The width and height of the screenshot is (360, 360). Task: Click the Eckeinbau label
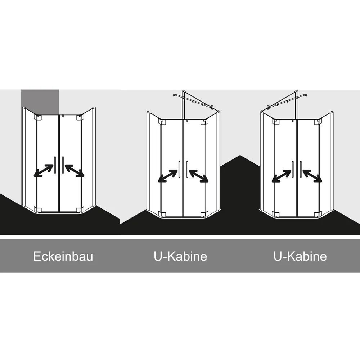click(x=63, y=256)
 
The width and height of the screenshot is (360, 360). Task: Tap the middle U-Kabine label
click(x=180, y=256)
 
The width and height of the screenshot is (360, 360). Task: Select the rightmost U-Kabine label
click(x=300, y=256)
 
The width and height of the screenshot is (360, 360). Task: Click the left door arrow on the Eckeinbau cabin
click(x=44, y=171)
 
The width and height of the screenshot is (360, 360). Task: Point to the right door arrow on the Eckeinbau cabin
click(x=75, y=171)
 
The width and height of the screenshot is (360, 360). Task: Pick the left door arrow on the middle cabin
click(x=168, y=176)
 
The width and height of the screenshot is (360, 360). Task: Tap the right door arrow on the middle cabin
click(x=199, y=176)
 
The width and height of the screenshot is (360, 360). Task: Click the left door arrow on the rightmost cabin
click(x=282, y=176)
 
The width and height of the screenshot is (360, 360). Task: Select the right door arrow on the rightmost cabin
click(x=312, y=176)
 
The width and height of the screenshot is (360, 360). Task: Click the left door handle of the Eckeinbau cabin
click(x=55, y=165)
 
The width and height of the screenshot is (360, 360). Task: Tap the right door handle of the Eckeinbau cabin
click(x=63, y=165)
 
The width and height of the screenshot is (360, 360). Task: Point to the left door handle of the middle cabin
click(x=179, y=169)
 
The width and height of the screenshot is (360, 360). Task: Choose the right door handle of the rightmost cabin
click(x=301, y=169)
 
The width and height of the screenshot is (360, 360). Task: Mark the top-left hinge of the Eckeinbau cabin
click(x=38, y=117)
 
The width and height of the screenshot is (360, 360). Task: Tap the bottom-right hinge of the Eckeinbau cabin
click(x=79, y=210)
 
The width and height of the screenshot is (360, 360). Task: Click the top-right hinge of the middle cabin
click(x=203, y=122)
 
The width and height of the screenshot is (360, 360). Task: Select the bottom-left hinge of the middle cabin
click(x=163, y=214)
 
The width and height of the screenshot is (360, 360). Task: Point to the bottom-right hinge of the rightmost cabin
click(x=317, y=214)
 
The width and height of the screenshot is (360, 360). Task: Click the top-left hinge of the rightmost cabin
click(x=275, y=122)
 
